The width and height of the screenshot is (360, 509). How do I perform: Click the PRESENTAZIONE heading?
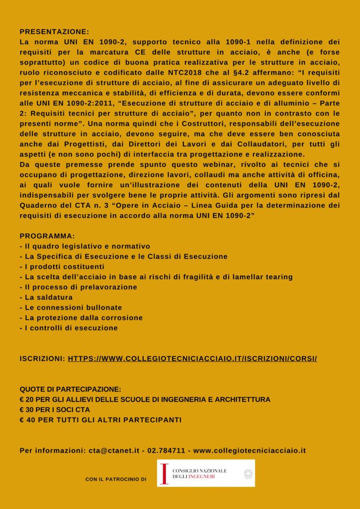tap(55, 30)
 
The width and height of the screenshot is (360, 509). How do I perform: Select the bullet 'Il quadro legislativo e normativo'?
tap(85, 247)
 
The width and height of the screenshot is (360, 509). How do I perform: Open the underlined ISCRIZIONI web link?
tap(192, 358)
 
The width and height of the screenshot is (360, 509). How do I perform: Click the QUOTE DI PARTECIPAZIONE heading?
tap(71, 389)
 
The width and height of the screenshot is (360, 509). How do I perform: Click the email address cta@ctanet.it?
tap(115, 451)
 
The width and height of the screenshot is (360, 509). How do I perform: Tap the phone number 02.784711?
tap(166, 451)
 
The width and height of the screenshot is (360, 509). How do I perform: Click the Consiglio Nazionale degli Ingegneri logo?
tap(205, 473)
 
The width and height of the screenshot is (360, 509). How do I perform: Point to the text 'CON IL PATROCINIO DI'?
tap(115, 480)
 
